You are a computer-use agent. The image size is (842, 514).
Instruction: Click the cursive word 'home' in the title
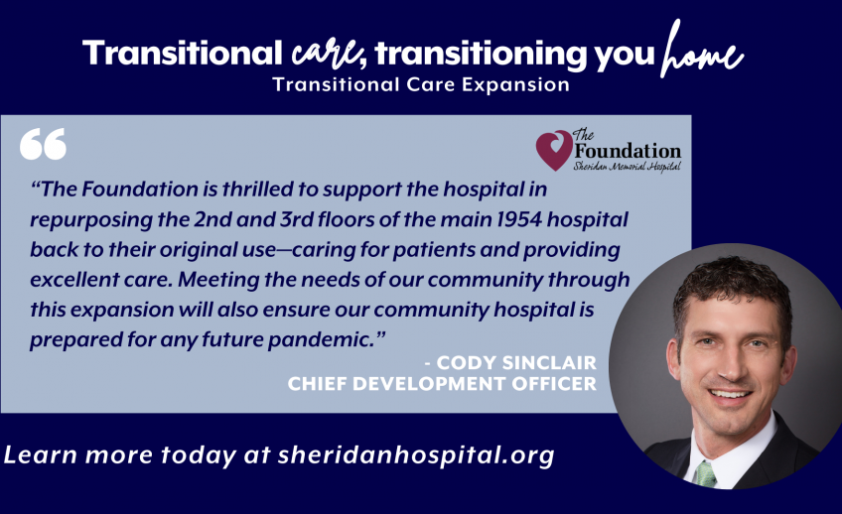pos(702,51)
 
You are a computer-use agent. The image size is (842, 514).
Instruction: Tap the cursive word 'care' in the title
pos(326,55)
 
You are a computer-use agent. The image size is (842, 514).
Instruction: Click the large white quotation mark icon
pos(43,144)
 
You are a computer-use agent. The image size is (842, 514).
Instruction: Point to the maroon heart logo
pos(554,150)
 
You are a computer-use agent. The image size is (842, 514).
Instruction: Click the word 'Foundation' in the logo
pos(628,151)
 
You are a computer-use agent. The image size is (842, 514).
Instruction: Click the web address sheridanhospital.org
pos(416,455)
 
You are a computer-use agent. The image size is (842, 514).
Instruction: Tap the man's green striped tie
pos(706,474)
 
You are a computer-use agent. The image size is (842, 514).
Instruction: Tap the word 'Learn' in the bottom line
pos(41,455)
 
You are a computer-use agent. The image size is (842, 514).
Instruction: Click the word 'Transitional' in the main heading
pos(183,54)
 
